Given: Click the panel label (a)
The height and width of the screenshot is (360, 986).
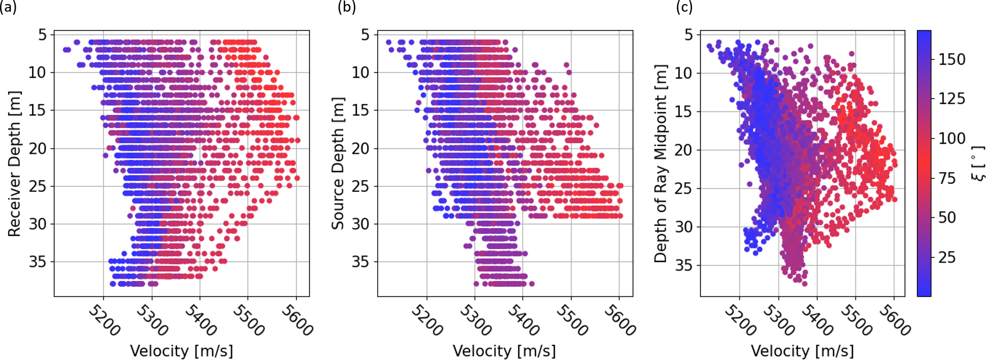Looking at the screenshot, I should [8, 7].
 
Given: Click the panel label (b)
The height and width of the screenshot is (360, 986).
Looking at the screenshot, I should [347, 7].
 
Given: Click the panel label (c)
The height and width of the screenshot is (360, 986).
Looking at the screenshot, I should [684, 7].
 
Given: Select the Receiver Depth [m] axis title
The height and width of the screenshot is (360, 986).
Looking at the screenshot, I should [14, 163].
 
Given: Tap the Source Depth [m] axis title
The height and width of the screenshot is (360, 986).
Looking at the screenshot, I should [338, 163].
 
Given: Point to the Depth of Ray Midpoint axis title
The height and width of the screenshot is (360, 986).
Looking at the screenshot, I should [660, 163].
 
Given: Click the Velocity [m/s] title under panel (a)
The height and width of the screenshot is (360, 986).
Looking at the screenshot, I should [181, 351].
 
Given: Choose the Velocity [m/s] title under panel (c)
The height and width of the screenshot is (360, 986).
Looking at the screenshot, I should [802, 351].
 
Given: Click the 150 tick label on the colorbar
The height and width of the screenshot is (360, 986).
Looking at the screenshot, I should [952, 59].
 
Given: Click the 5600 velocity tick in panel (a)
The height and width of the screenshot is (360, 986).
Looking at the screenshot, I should [298, 320].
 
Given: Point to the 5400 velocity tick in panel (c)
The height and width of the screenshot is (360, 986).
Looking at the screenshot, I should [817, 320].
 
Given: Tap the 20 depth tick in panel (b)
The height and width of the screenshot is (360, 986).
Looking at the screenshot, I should [360, 148].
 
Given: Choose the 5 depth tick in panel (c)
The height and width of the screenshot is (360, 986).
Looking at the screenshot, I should [688, 35].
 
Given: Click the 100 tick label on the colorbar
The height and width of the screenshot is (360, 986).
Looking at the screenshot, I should [952, 139].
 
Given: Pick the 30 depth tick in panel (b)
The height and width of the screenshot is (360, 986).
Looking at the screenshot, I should [360, 223].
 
